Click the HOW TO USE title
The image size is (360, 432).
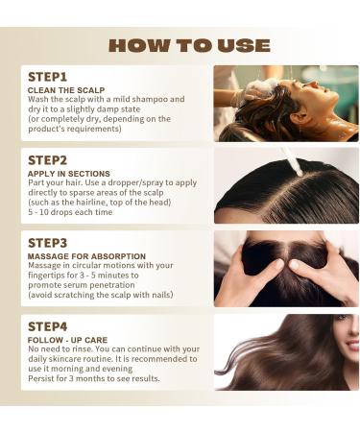pyautogui.click(x=189, y=45)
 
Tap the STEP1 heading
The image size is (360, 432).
pyautogui.click(x=47, y=77)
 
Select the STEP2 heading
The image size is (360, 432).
pyautogui.click(x=47, y=160)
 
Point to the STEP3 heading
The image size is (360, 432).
pyautogui.click(x=47, y=243)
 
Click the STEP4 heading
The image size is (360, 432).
pyautogui.click(x=47, y=326)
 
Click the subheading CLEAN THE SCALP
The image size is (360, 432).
pyautogui.click(x=66, y=90)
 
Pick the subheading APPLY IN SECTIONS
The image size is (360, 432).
pyautogui.click(x=69, y=174)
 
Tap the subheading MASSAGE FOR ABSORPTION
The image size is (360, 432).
pyautogui.click(x=86, y=256)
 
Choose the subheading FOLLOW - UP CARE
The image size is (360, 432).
pyautogui.click(x=67, y=340)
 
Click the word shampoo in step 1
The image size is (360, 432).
pyautogui.click(x=150, y=100)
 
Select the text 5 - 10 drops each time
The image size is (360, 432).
pyautogui.click(x=70, y=212)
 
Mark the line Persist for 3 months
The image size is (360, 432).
pyautogui.click(x=94, y=378)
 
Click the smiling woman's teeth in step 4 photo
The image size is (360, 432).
pyautogui.click(x=354, y=346)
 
